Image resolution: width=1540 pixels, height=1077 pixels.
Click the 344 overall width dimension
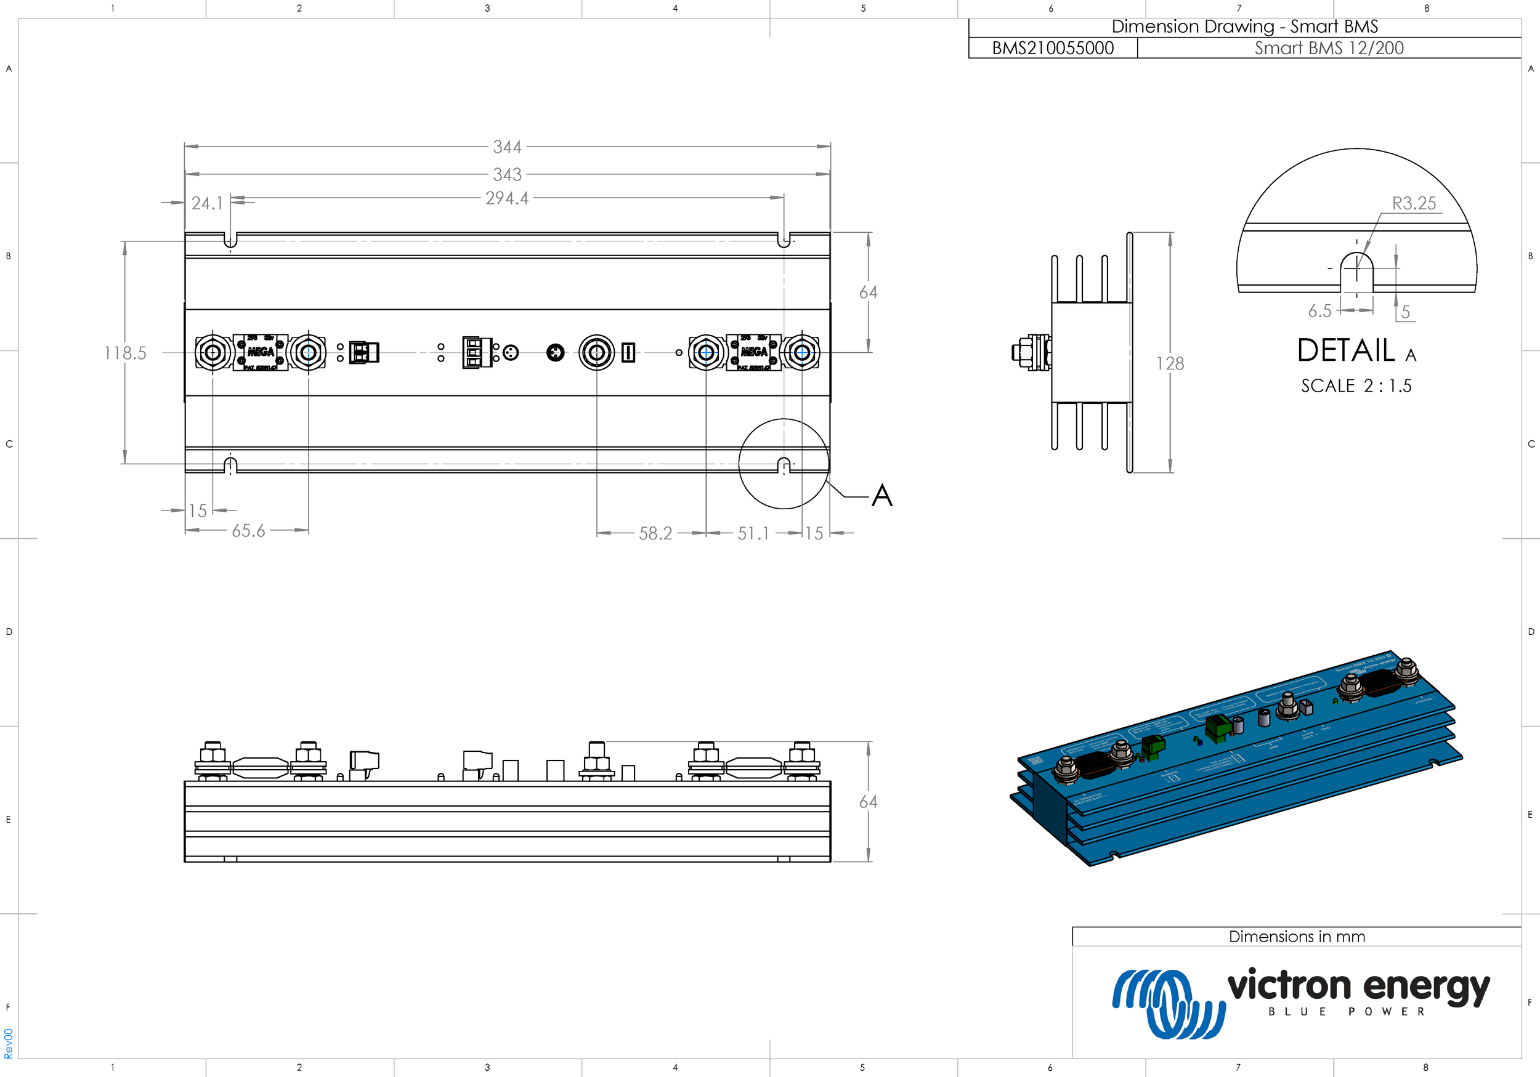(x=507, y=147)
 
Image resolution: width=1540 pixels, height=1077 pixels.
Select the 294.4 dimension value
(x=507, y=198)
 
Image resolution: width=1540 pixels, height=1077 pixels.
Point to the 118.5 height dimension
(x=125, y=353)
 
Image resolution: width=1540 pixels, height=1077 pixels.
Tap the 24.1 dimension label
(x=206, y=203)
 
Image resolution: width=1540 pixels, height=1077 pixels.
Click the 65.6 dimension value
(x=248, y=531)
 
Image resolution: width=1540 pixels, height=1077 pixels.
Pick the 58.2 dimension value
(x=655, y=533)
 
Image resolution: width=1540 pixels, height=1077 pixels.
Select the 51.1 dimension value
(x=753, y=533)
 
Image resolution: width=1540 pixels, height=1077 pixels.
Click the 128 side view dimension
(x=1170, y=363)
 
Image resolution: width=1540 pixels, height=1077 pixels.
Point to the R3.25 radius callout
(x=1414, y=203)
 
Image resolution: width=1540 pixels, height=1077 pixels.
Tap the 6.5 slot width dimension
(x=1319, y=310)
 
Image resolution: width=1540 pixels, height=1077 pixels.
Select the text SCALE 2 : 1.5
(x=1356, y=385)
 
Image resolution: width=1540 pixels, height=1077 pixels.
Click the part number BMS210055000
(x=1052, y=48)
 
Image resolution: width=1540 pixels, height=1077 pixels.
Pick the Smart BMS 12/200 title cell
(x=1329, y=48)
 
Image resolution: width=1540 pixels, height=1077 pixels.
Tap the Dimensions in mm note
(x=1297, y=936)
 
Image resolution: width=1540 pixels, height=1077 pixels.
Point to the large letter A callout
(x=882, y=496)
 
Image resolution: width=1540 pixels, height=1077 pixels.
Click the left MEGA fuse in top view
(x=260, y=352)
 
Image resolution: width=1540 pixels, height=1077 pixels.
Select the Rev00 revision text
(x=8, y=1044)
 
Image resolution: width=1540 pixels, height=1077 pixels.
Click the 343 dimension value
(x=507, y=174)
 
